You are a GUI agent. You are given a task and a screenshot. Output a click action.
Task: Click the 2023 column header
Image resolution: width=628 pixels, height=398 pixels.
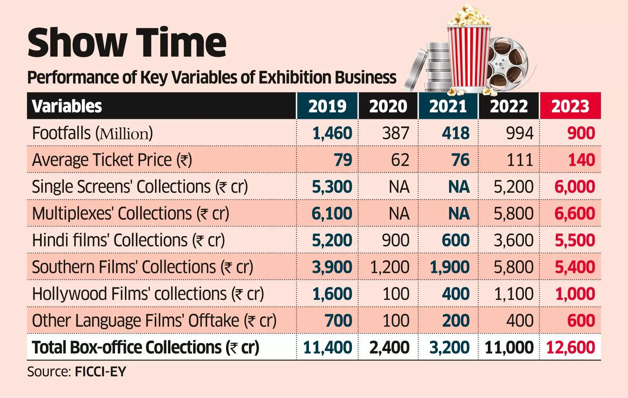tap(570, 106)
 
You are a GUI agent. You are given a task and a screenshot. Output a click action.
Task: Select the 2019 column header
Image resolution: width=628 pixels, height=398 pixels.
tap(327, 106)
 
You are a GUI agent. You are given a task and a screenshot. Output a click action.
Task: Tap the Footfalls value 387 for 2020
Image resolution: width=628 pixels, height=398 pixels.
tap(396, 133)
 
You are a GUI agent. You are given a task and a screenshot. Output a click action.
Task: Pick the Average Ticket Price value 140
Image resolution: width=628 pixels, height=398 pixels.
tap(581, 160)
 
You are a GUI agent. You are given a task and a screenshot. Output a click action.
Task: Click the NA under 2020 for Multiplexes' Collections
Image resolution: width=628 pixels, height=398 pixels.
tap(399, 214)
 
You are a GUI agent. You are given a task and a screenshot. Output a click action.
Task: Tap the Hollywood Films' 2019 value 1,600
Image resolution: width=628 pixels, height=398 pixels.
tap(332, 294)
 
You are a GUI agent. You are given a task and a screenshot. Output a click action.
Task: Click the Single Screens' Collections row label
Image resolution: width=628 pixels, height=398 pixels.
tap(140, 187)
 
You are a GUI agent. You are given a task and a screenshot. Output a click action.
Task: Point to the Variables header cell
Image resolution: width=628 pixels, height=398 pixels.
tap(67, 106)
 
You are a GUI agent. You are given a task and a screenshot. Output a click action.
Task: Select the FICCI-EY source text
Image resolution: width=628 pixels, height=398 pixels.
tap(100, 371)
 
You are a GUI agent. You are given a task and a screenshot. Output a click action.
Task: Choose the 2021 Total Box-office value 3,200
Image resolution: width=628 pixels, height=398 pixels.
tap(449, 347)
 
